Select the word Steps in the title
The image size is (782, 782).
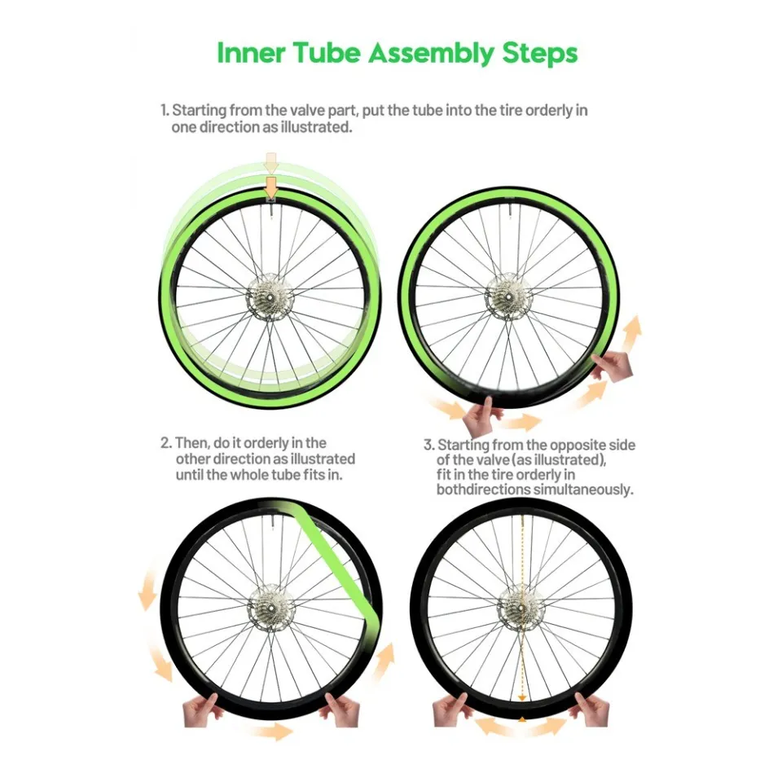point(538,53)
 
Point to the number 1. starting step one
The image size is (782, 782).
point(164,110)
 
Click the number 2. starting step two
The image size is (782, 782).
point(165,443)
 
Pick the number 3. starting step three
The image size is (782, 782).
point(428,446)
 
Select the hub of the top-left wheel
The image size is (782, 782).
point(270,291)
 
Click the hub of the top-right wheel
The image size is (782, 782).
point(509,295)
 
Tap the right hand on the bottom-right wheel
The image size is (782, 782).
point(592,707)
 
